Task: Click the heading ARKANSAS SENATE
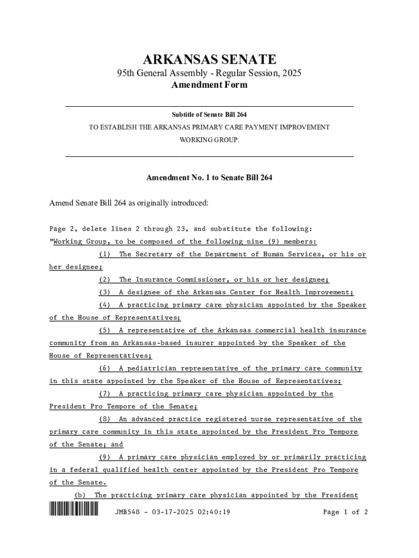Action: coord(209,59)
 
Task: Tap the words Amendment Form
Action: coord(209,85)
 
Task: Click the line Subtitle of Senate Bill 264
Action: coord(209,114)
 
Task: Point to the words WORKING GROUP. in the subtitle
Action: coord(209,140)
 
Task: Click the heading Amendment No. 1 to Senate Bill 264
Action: coord(209,178)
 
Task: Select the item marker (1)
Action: coord(105,254)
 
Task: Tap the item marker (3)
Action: coord(105,293)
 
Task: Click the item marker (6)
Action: coord(105,369)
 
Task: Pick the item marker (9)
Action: coord(105,457)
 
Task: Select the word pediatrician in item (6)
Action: coord(150,369)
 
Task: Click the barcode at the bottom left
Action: coord(74,511)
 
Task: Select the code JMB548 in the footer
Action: coord(128,512)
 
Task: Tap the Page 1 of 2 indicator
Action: coord(346,512)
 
